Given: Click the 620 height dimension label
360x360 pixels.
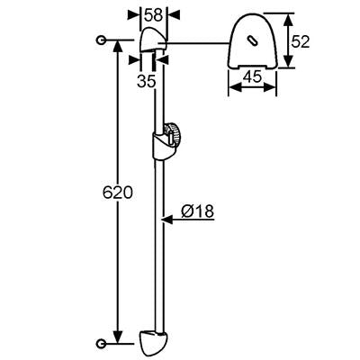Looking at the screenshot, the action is pos(117,193).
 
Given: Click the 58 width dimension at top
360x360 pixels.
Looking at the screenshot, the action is pos(153,15).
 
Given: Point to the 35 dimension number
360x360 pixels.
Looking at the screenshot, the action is pos(147,81).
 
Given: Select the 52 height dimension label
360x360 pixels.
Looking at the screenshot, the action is pos(300,41).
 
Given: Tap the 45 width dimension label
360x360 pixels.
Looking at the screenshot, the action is pos(252,77).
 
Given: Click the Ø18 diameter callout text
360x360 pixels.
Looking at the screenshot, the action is pos(198,211).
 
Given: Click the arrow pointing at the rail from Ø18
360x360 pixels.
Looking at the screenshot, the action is pos(188,220).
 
